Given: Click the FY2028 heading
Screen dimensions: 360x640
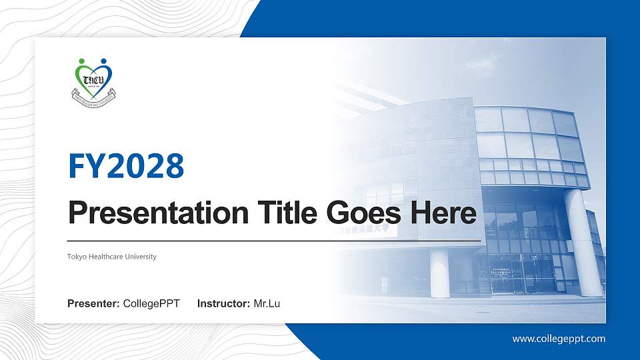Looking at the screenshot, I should [126, 166].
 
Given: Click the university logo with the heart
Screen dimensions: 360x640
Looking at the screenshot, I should [93, 79].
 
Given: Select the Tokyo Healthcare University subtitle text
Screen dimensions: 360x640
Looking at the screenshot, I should [112, 257].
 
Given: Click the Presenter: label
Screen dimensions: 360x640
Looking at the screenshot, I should [93, 304].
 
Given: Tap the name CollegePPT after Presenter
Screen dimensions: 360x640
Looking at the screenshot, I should [151, 304].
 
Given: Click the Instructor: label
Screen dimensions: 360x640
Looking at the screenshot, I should [224, 304].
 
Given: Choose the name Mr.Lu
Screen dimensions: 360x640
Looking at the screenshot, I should [267, 304].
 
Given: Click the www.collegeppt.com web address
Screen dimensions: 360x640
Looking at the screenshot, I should [559, 339].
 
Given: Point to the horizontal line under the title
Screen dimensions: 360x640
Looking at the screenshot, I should [273, 241].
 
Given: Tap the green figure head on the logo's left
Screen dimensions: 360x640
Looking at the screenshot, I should [82, 62].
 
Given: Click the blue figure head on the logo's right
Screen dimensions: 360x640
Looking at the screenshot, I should [105, 62].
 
